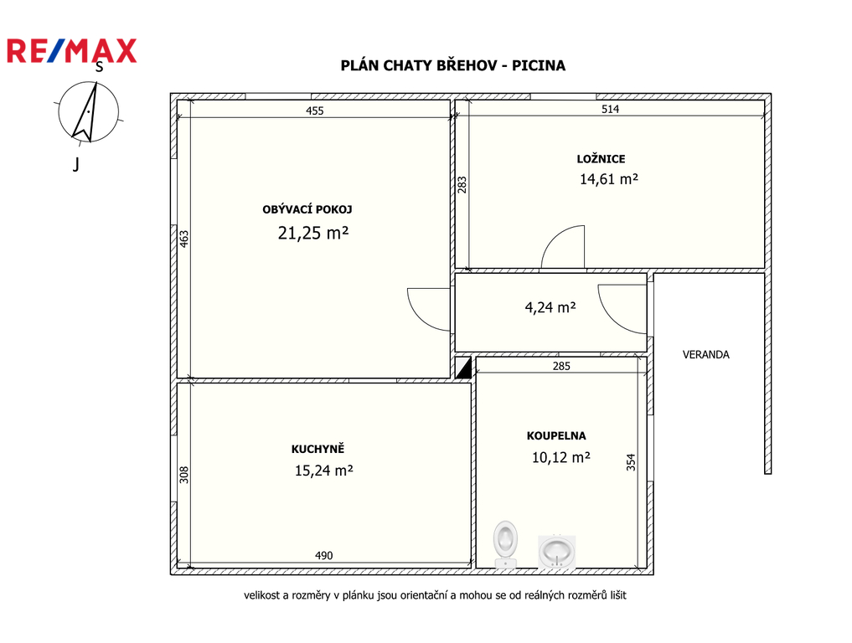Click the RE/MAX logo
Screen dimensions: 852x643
tap(71, 51)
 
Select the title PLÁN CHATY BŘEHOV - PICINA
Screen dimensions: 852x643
tap(452, 65)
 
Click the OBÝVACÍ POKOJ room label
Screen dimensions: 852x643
tap(307, 209)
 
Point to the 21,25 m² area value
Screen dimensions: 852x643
tap(313, 233)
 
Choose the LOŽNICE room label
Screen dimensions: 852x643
tap(601, 159)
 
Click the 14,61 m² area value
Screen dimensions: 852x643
tap(608, 179)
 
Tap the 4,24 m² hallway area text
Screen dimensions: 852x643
tap(550, 308)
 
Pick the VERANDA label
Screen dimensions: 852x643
tap(706, 355)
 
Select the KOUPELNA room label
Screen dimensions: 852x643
tap(556, 435)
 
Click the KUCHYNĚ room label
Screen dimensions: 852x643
tap(318, 449)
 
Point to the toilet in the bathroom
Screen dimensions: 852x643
tap(505, 545)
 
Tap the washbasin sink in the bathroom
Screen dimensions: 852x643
tap(556, 552)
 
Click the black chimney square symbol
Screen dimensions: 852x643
tap(463, 368)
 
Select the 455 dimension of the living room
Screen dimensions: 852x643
tap(315, 111)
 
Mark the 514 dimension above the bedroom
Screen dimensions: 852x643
tap(610, 109)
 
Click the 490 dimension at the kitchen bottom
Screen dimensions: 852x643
tap(324, 556)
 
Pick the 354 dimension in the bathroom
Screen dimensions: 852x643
tap(631, 462)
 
